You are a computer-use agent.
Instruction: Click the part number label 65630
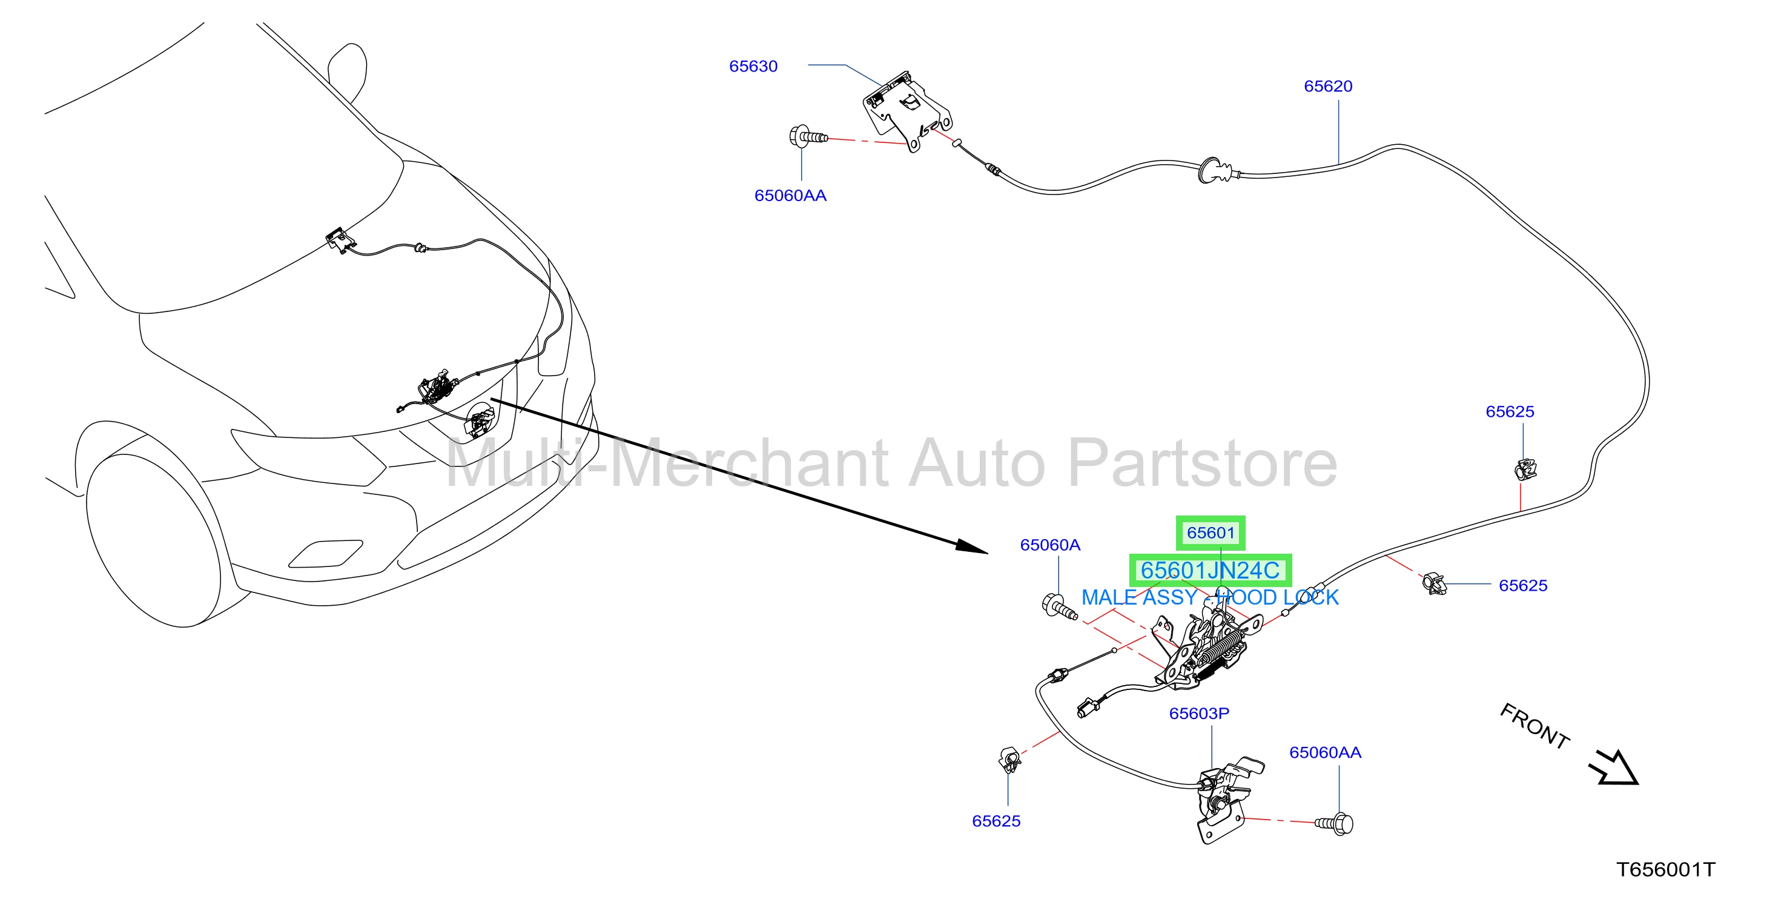tap(753, 67)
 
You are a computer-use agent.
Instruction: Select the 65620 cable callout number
tap(1327, 87)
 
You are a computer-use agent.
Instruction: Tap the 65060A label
tap(1050, 545)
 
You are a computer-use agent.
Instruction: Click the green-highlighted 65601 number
tap(1211, 532)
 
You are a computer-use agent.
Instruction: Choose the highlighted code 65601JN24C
tap(1210, 571)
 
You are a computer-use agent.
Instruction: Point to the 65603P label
tap(1199, 714)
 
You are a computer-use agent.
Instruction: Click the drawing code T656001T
tap(1665, 870)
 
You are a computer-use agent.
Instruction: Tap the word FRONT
tap(1534, 726)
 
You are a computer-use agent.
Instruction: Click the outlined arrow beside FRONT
tap(1614, 768)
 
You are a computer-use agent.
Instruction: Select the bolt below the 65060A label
tap(1058, 607)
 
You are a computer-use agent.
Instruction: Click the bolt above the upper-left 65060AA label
tap(807, 136)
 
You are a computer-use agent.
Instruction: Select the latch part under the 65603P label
tap(1226, 801)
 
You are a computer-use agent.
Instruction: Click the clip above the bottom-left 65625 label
tap(1009, 760)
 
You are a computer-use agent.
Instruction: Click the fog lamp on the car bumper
tap(326, 553)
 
